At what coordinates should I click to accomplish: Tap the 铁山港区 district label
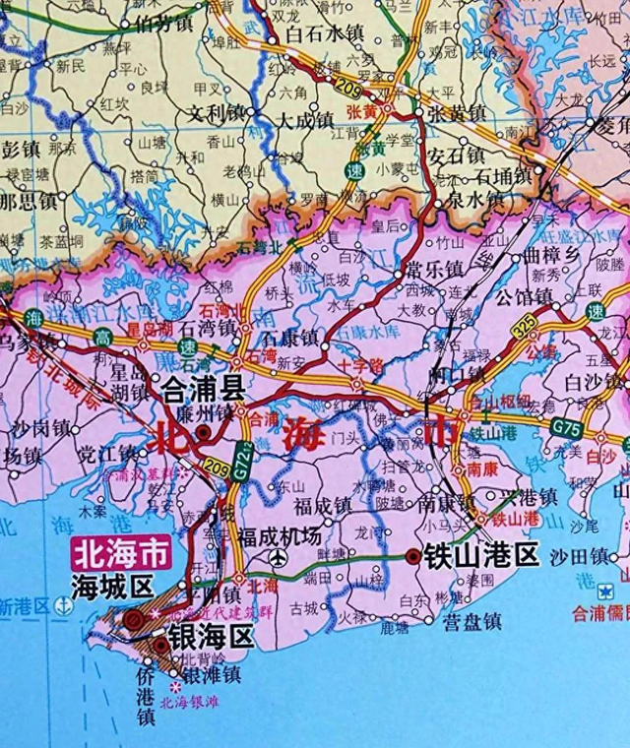[481, 557]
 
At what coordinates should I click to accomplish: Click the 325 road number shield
[526, 322]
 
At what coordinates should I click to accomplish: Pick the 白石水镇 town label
[325, 32]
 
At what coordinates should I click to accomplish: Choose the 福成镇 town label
[322, 507]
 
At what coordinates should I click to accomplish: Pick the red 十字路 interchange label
[351, 363]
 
